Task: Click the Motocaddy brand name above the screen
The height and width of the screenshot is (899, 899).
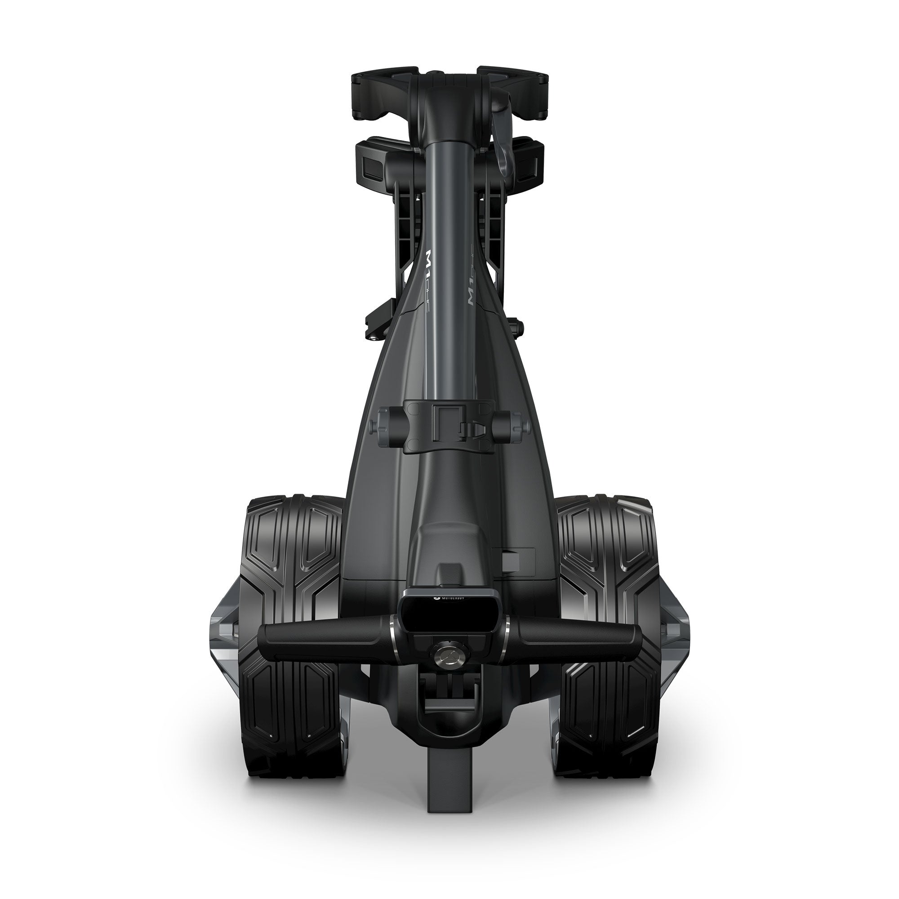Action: click(449, 594)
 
